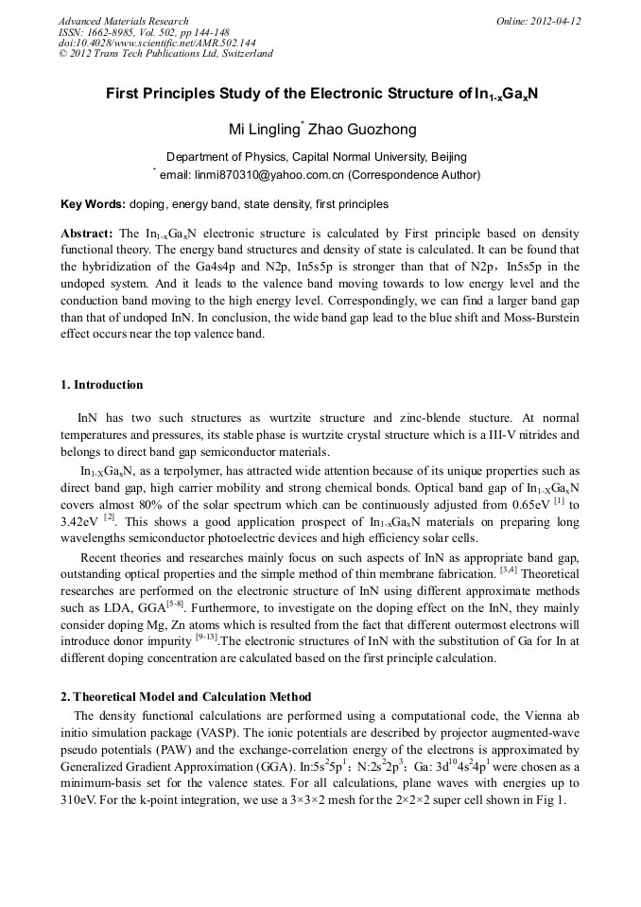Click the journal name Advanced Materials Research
[x=124, y=21]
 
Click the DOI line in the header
[x=157, y=43]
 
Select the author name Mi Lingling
[x=265, y=130]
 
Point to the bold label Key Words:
[x=93, y=204]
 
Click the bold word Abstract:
[x=87, y=233]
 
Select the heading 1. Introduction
[x=102, y=385]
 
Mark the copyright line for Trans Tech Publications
[x=166, y=54]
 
